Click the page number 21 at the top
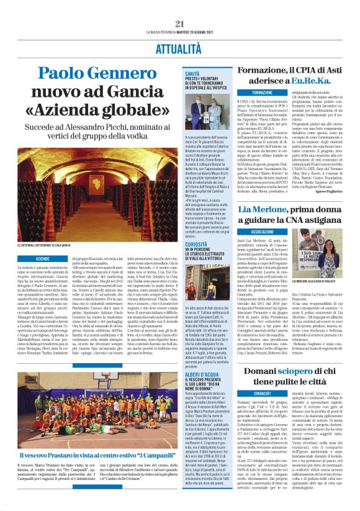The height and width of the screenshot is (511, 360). click(x=179, y=24)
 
